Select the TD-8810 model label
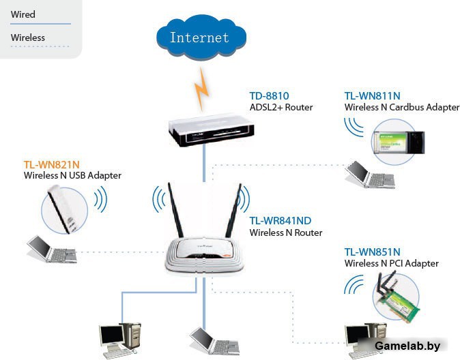coord(269,96)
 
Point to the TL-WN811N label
coord(372,96)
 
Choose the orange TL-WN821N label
coord(52,164)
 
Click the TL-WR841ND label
coord(281,221)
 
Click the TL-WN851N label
coord(372,252)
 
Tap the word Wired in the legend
coord(23,14)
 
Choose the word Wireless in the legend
coord(28,37)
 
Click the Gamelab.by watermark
coord(407,346)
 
